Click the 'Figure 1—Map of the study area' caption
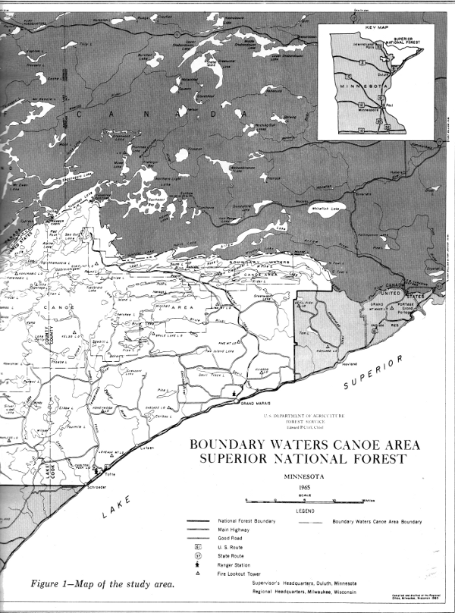pos(102,583)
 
